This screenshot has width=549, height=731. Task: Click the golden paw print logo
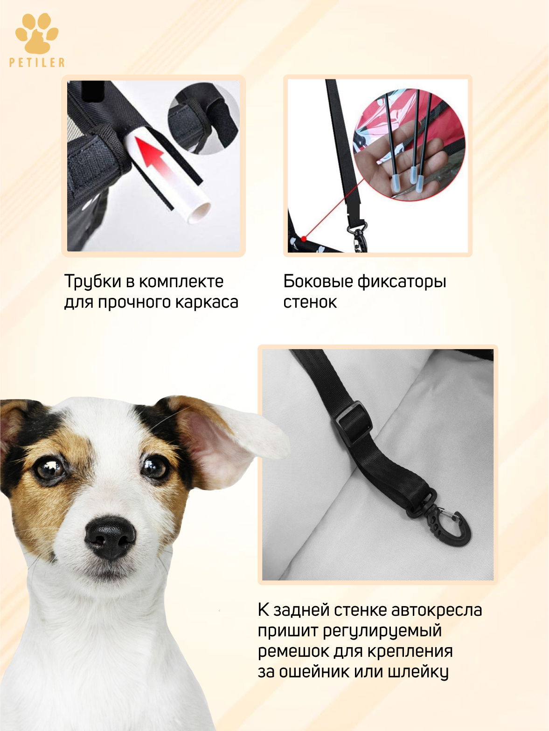pos(37,33)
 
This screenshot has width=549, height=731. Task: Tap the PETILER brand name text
pos(37,62)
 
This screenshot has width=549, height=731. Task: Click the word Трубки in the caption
pos(92,282)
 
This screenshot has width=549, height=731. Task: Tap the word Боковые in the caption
pos(318,282)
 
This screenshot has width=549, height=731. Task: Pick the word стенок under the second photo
pos(310,303)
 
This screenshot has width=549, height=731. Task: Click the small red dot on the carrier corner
pos(304,238)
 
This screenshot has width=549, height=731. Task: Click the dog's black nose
pos(110,537)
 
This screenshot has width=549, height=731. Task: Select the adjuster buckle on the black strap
pos(354,422)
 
